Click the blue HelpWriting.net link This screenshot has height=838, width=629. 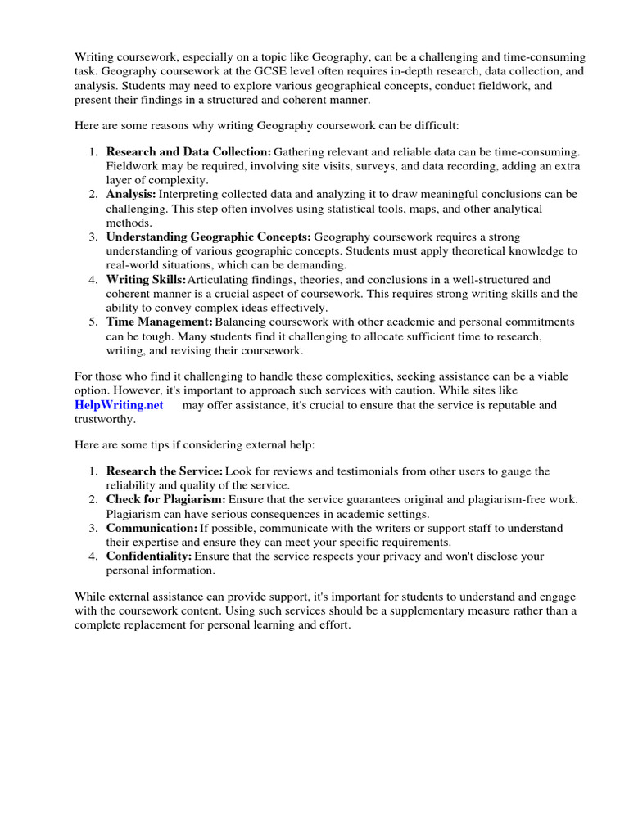tap(119, 405)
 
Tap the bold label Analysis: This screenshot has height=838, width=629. tap(131, 194)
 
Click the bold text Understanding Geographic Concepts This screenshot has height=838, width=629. tap(208, 237)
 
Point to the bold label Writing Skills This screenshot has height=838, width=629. tap(146, 279)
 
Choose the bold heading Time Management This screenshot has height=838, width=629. tap(159, 322)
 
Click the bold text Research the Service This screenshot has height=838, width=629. tap(164, 471)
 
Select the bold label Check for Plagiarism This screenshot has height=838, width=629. tap(166, 499)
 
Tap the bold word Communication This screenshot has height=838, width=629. tap(152, 528)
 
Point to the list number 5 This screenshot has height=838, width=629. tap(93, 322)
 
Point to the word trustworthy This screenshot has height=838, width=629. tap(104, 419)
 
